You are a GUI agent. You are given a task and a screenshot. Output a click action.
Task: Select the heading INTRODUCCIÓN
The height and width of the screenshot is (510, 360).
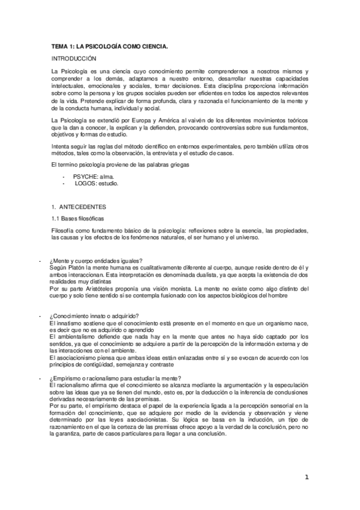pyautogui.click(x=75, y=59)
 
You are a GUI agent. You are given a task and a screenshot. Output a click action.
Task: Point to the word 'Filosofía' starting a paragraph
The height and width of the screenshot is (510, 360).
pyautogui.click(x=65, y=232)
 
